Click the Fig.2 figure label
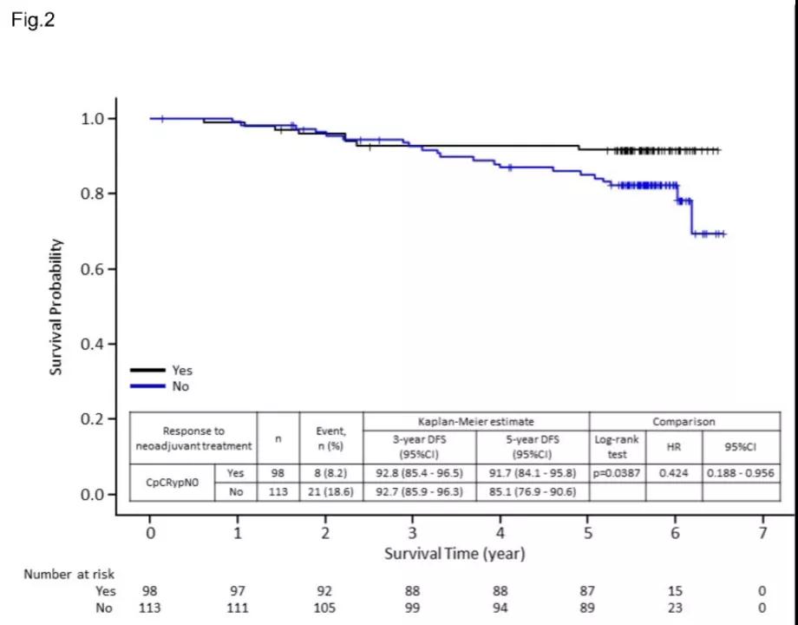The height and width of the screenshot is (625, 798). pos(33,20)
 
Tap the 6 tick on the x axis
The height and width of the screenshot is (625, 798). pos(675,532)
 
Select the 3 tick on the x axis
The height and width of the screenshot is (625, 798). pos(413,532)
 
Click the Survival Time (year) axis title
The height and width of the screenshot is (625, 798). pos(455,553)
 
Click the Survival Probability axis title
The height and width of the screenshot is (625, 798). pos(56,306)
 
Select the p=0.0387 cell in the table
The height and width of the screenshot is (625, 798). pos(617,473)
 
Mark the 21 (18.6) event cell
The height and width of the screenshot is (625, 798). pos(331,492)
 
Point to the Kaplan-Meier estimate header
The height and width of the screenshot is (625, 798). pos(476,421)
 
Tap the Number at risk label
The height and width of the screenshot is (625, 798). pos(69,574)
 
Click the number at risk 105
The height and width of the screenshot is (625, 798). pos(325,608)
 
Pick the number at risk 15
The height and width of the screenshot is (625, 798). pos(675,591)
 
